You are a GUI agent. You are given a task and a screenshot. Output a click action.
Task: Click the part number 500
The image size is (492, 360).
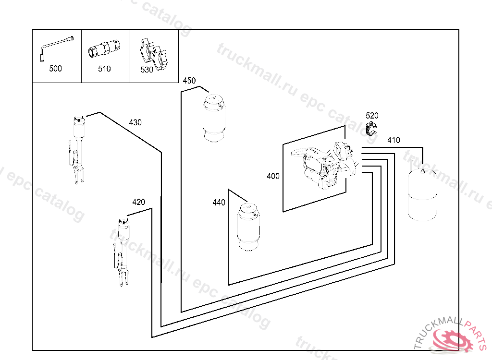(56, 69)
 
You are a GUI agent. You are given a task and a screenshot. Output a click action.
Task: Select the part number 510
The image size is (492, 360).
(104, 69)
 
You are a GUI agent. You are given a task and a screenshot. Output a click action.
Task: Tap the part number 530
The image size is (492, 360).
(147, 70)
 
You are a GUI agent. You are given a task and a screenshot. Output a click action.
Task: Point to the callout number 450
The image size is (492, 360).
(189, 81)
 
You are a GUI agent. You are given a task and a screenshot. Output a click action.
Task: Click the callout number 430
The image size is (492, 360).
(135, 122)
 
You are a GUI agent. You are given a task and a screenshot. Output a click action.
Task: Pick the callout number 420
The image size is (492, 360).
(138, 202)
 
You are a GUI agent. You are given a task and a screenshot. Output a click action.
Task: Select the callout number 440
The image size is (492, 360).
(219, 203)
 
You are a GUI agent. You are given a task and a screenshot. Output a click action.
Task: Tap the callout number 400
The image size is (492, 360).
(273, 176)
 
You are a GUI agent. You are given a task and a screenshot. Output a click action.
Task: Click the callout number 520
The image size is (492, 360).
(372, 116)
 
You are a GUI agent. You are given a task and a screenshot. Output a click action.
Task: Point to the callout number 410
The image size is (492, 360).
(394, 140)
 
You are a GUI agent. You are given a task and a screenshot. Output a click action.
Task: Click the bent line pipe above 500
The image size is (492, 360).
(56, 48)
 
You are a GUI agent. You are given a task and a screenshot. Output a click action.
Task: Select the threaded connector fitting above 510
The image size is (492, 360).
(104, 49)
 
